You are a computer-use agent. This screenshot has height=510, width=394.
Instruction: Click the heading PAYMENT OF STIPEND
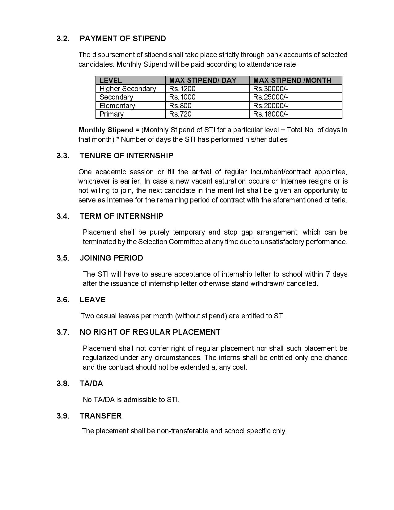[x=123, y=39]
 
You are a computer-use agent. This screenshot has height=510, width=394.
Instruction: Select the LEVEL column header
[x=111, y=80]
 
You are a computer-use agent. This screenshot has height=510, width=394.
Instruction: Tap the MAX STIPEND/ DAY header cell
[x=203, y=80]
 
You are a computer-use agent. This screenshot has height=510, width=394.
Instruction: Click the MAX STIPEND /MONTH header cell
[x=292, y=80]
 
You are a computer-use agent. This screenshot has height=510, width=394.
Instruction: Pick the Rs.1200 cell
[x=182, y=89]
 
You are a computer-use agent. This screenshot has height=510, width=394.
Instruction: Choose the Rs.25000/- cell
[x=270, y=97]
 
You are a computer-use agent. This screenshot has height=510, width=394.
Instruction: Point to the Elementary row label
[x=117, y=106]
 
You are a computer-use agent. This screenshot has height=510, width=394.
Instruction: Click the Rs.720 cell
[x=180, y=114]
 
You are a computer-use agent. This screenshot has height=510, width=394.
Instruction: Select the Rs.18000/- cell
[x=270, y=114]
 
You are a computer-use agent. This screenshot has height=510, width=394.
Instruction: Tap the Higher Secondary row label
[x=128, y=89]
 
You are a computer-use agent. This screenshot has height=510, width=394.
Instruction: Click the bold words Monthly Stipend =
[x=109, y=130]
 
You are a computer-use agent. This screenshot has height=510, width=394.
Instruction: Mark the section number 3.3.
[x=63, y=155]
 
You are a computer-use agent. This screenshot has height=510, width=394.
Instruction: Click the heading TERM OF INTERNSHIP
[x=121, y=216]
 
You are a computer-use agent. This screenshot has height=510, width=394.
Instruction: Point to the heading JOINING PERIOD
[x=111, y=258]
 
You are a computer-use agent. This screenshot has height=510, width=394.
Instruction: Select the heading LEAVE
[x=93, y=300]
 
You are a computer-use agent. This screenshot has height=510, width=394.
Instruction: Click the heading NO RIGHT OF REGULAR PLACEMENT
[x=150, y=332]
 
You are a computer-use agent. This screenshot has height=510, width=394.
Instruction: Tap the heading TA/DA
[x=91, y=384]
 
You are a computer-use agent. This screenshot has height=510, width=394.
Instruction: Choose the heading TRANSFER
[x=100, y=416]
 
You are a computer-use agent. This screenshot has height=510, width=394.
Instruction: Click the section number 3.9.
[x=63, y=416]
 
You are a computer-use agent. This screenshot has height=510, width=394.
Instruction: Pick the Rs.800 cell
[x=180, y=106]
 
